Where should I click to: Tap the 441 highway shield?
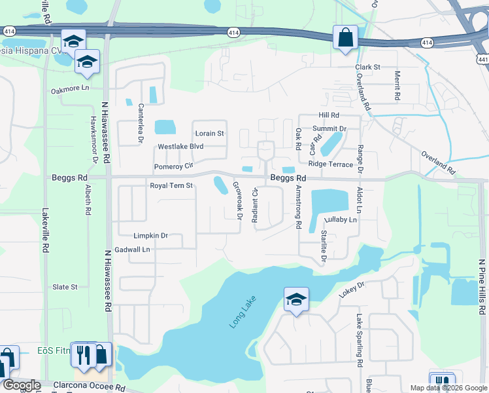click(x=482, y=59)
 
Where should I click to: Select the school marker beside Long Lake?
click(x=296, y=301)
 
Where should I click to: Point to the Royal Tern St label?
click(x=172, y=186)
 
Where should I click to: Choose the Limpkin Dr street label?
click(x=151, y=236)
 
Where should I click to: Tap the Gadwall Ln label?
click(x=132, y=250)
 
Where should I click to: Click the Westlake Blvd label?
click(x=181, y=147)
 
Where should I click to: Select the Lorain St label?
click(x=209, y=134)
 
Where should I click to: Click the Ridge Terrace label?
click(x=331, y=164)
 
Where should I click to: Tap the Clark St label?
click(x=367, y=67)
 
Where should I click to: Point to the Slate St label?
click(x=65, y=287)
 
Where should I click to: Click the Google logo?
click(x=22, y=385)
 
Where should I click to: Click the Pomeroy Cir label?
click(x=173, y=166)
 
